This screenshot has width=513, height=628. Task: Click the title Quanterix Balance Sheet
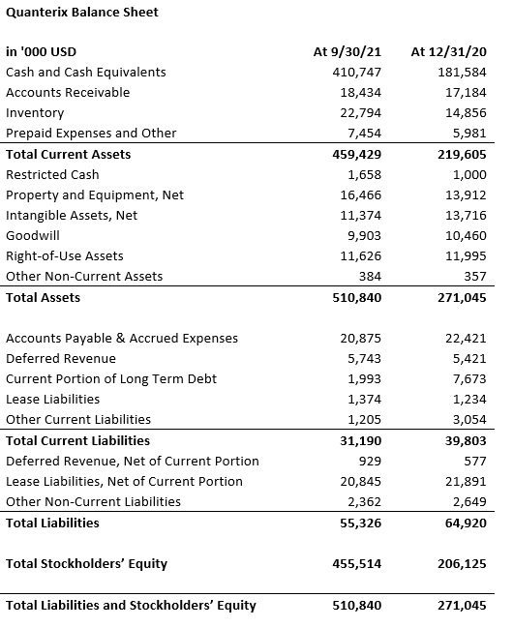click(x=82, y=12)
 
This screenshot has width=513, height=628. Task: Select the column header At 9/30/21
click(x=347, y=51)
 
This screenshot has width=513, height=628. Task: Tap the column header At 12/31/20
click(x=448, y=51)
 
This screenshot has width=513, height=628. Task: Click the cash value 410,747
click(x=357, y=73)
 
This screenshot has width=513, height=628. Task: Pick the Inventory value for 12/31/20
click(x=466, y=113)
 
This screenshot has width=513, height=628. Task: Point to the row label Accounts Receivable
click(x=68, y=93)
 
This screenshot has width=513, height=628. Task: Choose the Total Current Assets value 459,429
click(x=357, y=155)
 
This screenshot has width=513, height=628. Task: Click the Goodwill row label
click(x=33, y=235)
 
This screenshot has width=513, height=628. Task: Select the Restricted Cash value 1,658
click(x=364, y=175)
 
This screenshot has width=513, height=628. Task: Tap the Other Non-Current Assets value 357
click(x=475, y=277)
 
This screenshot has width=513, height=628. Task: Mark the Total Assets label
click(x=43, y=298)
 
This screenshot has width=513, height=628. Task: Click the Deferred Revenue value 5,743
click(x=364, y=358)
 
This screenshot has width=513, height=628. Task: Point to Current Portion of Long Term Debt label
click(x=111, y=379)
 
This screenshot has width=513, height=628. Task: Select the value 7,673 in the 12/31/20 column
click(x=469, y=379)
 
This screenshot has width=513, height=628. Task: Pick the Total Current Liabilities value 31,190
click(x=361, y=441)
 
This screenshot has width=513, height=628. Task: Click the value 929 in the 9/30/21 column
click(x=370, y=462)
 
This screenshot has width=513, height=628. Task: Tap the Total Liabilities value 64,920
click(x=466, y=523)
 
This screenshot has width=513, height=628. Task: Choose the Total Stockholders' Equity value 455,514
click(x=357, y=564)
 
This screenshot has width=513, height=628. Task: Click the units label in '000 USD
click(x=41, y=51)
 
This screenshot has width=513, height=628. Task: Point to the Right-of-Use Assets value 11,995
click(x=466, y=255)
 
